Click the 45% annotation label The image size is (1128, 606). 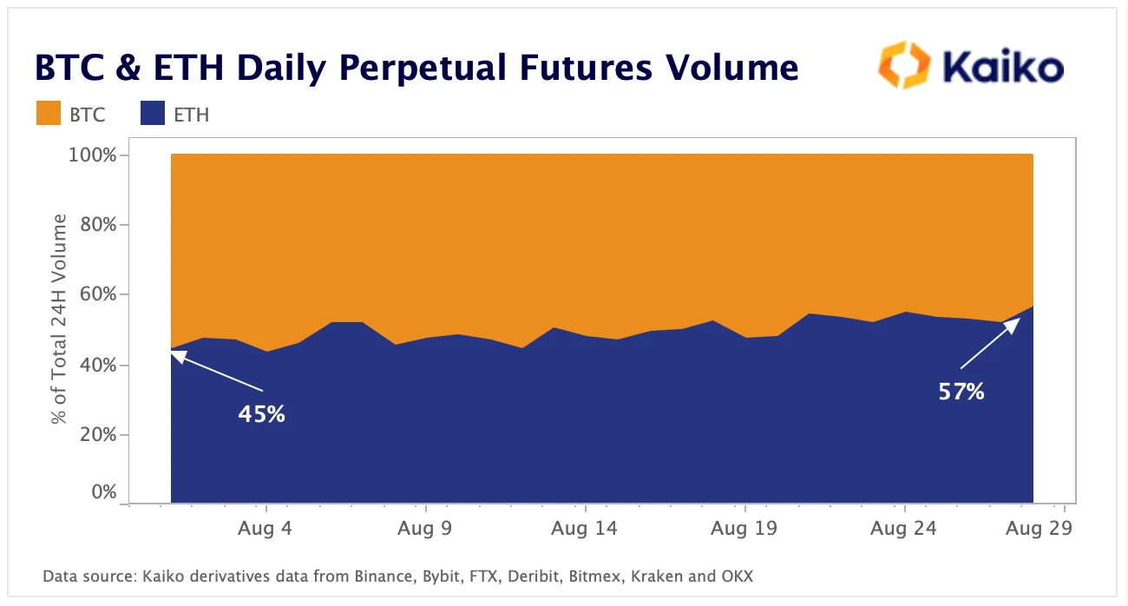[x=262, y=414]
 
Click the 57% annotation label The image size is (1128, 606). [x=961, y=392]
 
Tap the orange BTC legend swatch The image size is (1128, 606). [x=48, y=113]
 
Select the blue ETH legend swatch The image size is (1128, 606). [x=153, y=113]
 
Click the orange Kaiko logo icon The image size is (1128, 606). [x=904, y=65]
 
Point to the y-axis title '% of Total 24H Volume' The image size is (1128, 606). [x=60, y=321]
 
